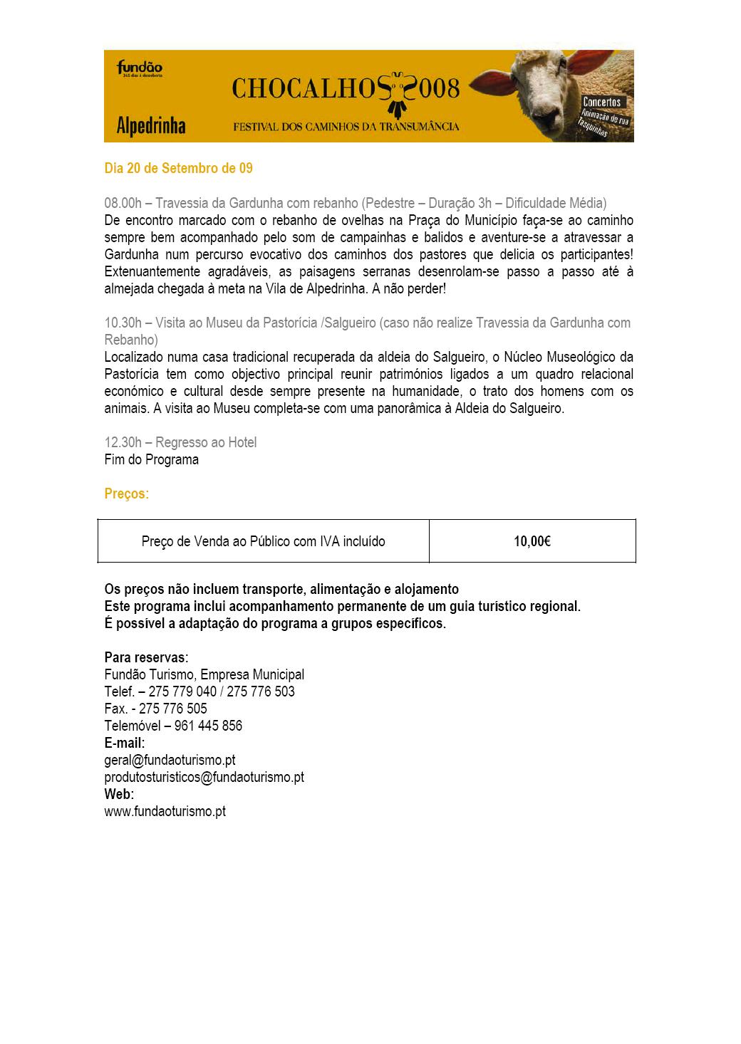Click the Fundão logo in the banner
140,68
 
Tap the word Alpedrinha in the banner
150,127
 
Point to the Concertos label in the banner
602,103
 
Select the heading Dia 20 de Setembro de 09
178,169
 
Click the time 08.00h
123,204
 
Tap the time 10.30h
123,323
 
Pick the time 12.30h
123,443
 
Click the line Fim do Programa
151,460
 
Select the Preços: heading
127,494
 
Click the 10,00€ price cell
532,542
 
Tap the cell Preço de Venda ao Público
263,542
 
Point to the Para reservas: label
146,657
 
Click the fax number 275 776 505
173,709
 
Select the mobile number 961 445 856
208,726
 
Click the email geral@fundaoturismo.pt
170,760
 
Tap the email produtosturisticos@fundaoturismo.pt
204,777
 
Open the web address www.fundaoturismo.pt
165,811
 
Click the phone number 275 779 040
182,691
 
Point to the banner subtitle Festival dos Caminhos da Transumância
346,127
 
